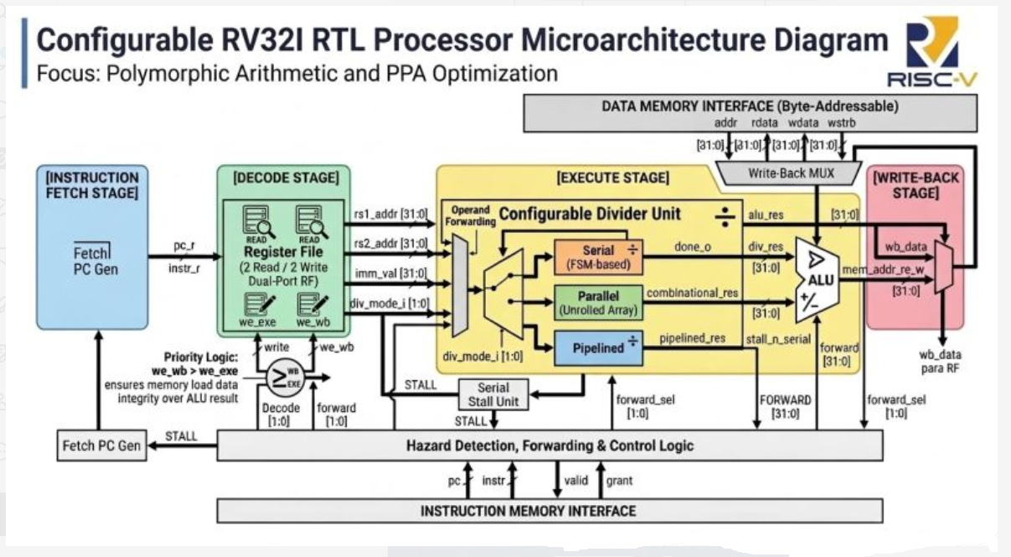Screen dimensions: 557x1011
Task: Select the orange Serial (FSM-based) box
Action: pyautogui.click(x=598, y=257)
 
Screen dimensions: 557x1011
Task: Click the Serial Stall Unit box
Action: pyautogui.click(x=493, y=394)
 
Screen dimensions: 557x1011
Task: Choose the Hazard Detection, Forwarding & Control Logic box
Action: pyautogui.click(x=549, y=446)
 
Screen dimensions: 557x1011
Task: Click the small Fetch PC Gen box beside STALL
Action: pyautogui.click(x=101, y=446)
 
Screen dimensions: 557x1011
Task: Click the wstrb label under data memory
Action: pyautogui.click(x=841, y=123)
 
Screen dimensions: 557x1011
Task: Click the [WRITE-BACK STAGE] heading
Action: pyautogui.click(x=916, y=185)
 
